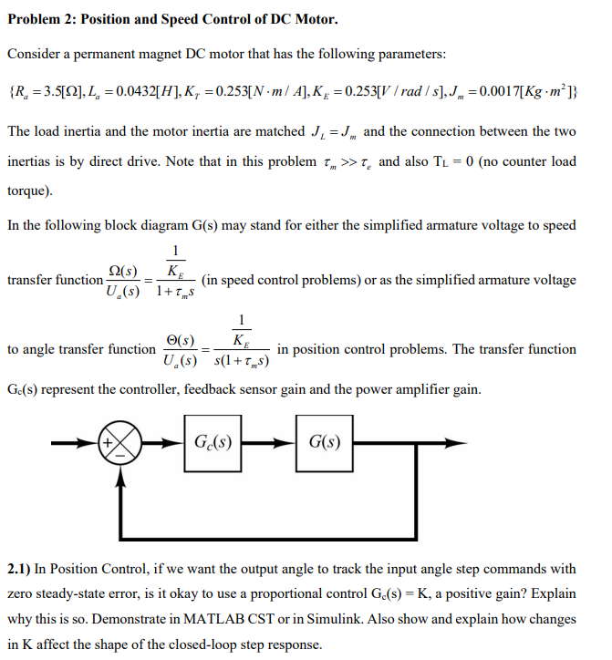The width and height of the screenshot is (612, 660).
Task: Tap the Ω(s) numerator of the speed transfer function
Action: [124, 271]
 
